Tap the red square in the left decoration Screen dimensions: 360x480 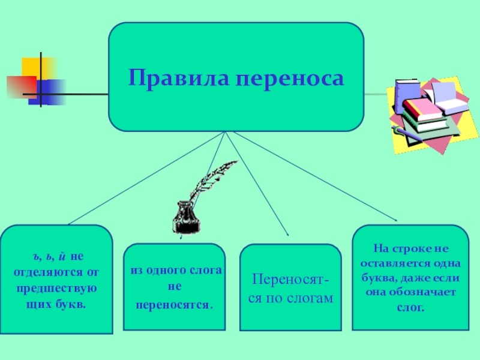click(22, 86)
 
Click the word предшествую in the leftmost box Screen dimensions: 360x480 click(55, 289)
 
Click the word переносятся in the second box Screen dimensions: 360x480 click(174, 304)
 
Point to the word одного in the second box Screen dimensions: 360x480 click(173, 271)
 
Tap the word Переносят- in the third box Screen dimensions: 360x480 click(290, 280)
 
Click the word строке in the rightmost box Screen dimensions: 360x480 click(410, 248)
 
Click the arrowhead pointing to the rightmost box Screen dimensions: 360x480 click(394, 220)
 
